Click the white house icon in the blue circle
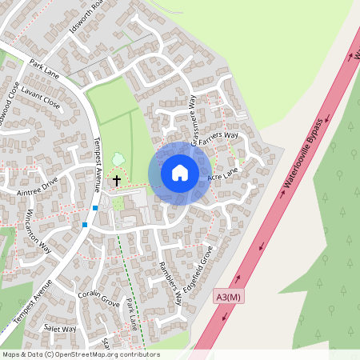(180, 173)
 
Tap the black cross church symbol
(117, 181)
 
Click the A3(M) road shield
(228, 298)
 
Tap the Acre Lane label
(223, 174)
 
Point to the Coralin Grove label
(99, 298)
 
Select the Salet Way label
(60, 329)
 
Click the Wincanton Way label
(38, 234)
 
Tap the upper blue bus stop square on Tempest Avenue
(94, 208)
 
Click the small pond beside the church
(118, 159)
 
